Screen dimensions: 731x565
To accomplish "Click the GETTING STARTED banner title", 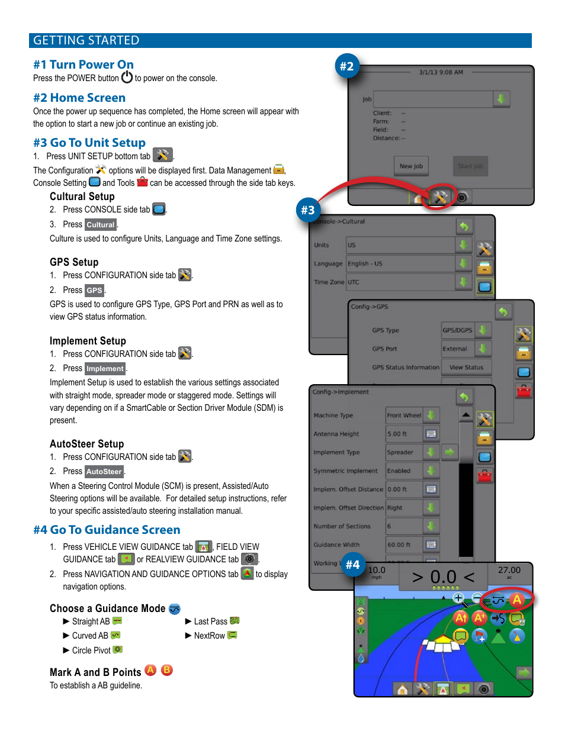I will [86, 40].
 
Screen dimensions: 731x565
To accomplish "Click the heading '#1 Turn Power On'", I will [84, 65].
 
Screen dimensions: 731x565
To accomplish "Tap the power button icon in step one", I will [127, 78].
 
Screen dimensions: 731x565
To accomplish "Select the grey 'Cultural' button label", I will [101, 225].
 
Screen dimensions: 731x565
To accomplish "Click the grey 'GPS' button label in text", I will [94, 291].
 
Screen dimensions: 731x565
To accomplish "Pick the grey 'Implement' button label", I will [105, 369].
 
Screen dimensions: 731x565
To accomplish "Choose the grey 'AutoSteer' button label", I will [104, 472].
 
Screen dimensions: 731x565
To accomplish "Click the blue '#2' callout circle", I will [346, 66].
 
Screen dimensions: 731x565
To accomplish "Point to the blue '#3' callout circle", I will [308, 210].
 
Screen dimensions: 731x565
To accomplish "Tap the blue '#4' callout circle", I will [353, 565].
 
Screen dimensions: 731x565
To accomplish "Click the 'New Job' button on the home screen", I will [411, 166].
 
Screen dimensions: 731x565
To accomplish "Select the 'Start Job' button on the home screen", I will [470, 166].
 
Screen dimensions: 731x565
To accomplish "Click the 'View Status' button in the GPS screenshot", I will [466, 368].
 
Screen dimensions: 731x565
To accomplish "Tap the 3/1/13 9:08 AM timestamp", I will [441, 72].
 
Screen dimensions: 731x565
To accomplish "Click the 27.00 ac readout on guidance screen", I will [509, 571].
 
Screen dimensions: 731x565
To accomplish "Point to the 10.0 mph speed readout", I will [377, 572].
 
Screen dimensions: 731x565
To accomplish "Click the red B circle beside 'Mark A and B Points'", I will [167, 670].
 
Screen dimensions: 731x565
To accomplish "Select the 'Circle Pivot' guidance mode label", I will [91, 651].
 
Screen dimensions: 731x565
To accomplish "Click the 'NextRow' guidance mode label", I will [210, 636].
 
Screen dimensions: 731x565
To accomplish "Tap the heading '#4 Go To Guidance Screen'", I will [107, 530].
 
